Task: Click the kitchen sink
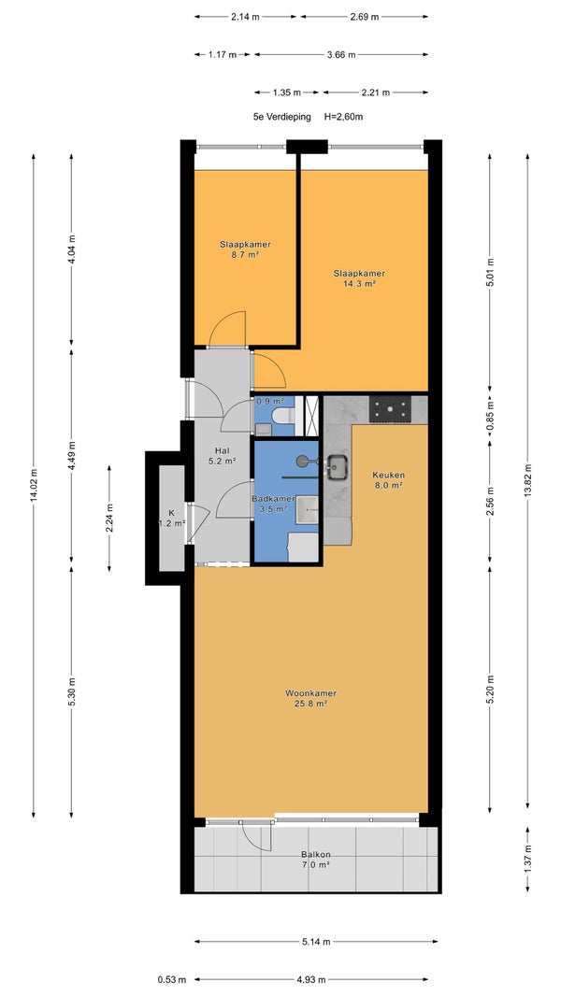(337, 467)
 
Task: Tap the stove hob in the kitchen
(391, 408)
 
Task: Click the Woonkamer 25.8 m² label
(310, 698)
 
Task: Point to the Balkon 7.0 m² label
(316, 859)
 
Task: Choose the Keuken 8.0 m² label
(389, 479)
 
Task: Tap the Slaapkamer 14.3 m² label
(360, 278)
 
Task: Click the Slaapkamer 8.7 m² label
(246, 249)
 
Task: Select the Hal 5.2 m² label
(222, 456)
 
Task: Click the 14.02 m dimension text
(34, 487)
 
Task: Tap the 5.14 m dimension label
(316, 942)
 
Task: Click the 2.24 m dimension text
(109, 518)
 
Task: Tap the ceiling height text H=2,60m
(344, 117)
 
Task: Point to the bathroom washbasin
(309, 507)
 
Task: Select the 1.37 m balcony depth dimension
(527, 860)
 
